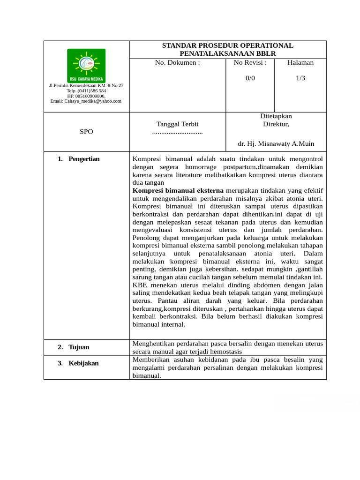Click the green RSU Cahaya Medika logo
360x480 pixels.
pyautogui.click(x=86, y=65)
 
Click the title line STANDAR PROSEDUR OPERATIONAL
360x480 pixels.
pyautogui.click(x=227, y=45)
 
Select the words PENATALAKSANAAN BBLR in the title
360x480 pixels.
pyautogui.click(x=227, y=54)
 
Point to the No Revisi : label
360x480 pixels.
pyautogui.click(x=250, y=63)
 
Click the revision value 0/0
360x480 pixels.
pyautogui.click(x=250, y=78)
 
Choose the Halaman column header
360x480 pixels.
pyautogui.click(x=300, y=63)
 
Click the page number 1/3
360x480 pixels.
pyautogui.click(x=300, y=78)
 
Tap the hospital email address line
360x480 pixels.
pyautogui.click(x=86, y=101)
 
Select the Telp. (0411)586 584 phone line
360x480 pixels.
pyautogui.click(x=86, y=90)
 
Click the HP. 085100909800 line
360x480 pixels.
pyautogui.click(x=86, y=96)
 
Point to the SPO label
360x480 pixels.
pyautogui.click(x=86, y=132)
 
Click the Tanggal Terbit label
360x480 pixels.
pyautogui.click(x=177, y=124)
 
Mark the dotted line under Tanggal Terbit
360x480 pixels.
pyautogui.click(x=177, y=133)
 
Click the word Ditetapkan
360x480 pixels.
pyautogui.click(x=276, y=116)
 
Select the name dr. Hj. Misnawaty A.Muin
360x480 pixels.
pyautogui.click(x=276, y=144)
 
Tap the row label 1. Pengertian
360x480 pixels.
pyautogui.click(x=79, y=159)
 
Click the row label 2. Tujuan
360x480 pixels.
pyautogui.click(x=74, y=347)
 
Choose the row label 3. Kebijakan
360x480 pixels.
pyautogui.click(x=78, y=363)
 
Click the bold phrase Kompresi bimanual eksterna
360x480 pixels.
pyautogui.click(x=178, y=191)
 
